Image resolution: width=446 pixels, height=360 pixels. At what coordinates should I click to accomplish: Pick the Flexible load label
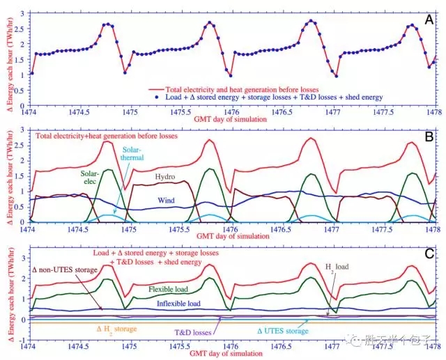click(172, 287)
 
